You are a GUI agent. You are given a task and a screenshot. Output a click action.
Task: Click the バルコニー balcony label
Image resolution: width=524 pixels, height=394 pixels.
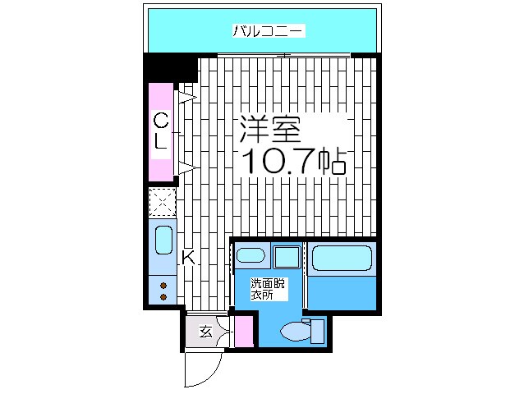[269, 32]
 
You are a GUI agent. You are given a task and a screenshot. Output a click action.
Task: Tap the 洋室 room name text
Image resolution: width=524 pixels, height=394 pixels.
[270, 130]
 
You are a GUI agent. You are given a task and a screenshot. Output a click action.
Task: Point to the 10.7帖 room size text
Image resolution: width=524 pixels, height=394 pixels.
[292, 160]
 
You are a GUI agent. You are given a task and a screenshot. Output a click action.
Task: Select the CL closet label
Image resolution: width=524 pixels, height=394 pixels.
[163, 131]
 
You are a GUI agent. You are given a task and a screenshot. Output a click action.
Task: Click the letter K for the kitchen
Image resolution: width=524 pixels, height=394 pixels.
[188, 258]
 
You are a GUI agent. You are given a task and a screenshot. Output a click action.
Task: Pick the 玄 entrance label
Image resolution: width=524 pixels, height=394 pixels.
[205, 332]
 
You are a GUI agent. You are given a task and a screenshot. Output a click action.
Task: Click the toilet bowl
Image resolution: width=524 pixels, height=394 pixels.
[293, 332]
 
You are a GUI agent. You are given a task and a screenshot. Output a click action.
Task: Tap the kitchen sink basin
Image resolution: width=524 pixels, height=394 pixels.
[163, 242]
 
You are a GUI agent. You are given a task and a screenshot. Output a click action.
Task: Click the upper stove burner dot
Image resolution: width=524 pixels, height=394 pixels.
[163, 285]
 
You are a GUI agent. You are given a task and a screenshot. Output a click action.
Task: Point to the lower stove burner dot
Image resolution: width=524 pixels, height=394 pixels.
[163, 296]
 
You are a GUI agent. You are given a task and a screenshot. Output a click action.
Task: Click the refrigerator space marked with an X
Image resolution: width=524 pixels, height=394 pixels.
[163, 201]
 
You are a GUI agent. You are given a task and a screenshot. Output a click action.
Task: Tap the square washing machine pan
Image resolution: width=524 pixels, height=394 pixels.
[287, 256]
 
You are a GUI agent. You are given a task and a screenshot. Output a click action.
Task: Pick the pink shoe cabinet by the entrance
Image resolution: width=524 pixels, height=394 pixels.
[243, 332]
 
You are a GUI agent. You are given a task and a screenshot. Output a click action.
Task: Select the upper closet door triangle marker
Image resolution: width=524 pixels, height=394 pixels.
[187, 97]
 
